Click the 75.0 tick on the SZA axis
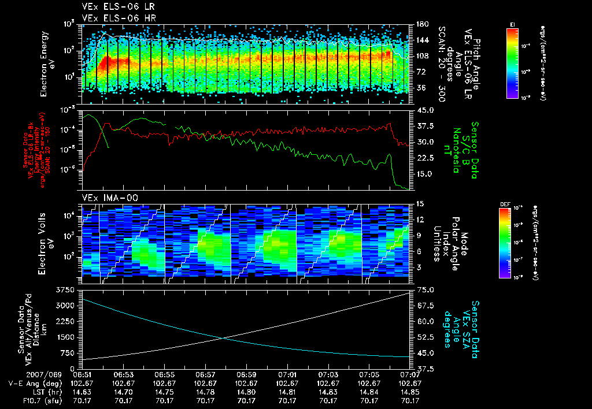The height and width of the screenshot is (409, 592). pos(420,289)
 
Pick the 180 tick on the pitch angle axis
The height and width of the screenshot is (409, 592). pos(420,24)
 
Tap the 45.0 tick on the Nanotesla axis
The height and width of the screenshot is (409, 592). pos(420,110)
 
